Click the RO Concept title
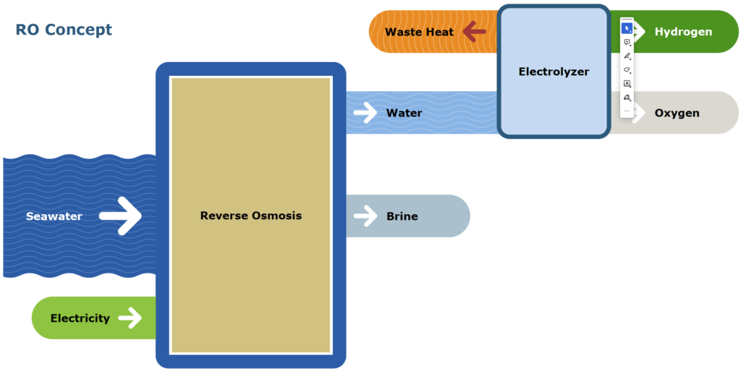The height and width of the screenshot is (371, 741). coord(64,30)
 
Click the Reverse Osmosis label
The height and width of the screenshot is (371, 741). coord(250,216)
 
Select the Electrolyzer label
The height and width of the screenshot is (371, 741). coord(554,72)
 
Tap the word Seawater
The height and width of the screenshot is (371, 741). coord(54,216)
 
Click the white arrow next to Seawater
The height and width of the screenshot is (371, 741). coord(121,216)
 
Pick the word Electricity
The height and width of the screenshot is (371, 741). coord(80,318)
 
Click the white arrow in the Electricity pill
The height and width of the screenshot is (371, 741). coord(130,317)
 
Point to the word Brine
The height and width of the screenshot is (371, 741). coord(402,216)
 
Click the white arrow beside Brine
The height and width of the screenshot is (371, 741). coord(366,216)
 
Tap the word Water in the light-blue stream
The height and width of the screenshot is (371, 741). coord(404,113)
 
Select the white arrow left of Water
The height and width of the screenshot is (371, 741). coord(366,112)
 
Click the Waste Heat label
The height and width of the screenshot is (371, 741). coord(419,32)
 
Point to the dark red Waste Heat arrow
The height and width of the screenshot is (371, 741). coord(475,31)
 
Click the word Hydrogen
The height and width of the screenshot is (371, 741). coord(683,32)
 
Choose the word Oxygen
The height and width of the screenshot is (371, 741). coord(677,113)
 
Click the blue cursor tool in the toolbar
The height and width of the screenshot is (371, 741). coord(627,29)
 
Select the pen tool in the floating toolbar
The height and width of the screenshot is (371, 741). coord(627,56)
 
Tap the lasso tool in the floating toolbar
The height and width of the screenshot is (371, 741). coord(627,70)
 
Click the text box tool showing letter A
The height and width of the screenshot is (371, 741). coord(627,84)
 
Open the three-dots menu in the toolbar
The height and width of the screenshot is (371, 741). coord(627,111)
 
